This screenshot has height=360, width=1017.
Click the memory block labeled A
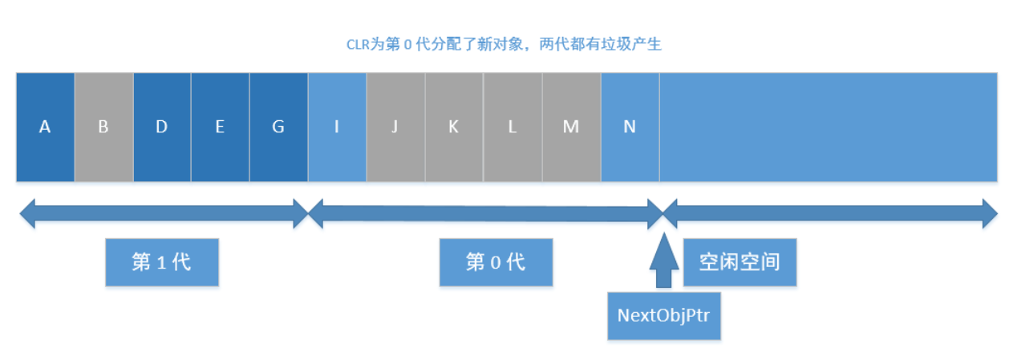(45, 127)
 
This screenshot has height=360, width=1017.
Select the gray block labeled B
(103, 127)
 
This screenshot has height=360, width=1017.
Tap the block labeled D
(162, 127)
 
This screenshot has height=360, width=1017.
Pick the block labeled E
(221, 127)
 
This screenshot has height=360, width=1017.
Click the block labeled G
(279, 127)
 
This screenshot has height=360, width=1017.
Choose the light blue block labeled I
(337, 127)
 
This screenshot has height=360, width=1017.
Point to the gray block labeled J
(395, 127)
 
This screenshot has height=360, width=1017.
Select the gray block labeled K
(454, 127)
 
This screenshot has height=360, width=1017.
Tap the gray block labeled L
(513, 127)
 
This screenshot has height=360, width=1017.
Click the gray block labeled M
(571, 127)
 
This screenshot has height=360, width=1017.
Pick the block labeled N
(630, 127)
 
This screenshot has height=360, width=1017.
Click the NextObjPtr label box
(663, 314)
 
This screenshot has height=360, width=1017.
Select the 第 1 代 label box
(162, 262)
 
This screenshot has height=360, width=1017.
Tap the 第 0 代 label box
(496, 262)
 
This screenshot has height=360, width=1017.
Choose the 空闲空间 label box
(739, 262)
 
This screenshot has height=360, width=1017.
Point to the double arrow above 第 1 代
(164, 214)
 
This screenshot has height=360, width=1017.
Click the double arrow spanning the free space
(830, 214)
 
